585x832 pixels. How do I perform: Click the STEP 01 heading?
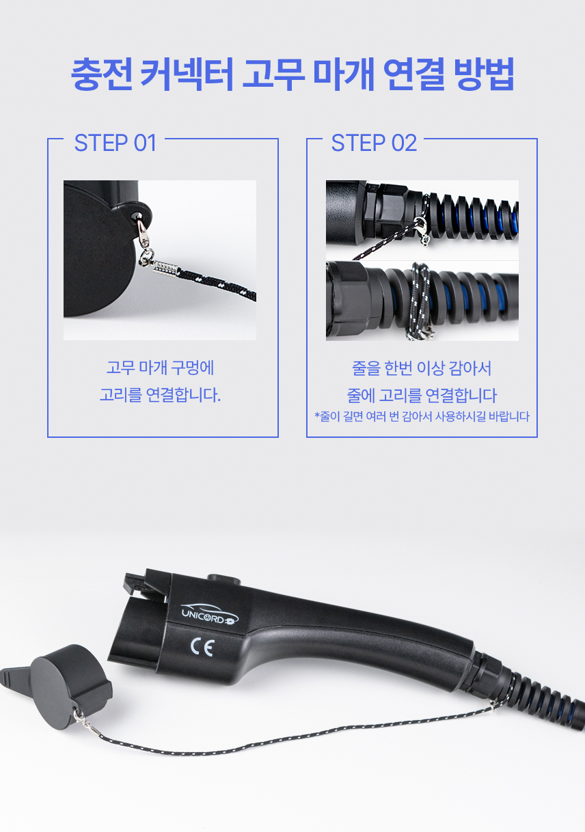[x=115, y=143]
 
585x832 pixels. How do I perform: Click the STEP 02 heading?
[x=374, y=143]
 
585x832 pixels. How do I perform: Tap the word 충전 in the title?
[x=101, y=74]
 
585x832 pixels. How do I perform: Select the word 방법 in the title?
[x=484, y=74]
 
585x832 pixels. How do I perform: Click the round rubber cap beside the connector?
[x=70, y=687]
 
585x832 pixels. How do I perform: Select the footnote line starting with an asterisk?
[x=422, y=417]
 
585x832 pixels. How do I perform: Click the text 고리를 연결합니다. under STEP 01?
[x=160, y=394]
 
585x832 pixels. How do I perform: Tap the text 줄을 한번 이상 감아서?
[x=422, y=368]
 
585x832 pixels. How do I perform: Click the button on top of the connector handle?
[x=223, y=579]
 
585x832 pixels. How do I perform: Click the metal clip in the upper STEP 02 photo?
[x=422, y=228]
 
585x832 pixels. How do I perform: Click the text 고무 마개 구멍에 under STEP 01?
[x=160, y=368]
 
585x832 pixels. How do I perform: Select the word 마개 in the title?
[x=344, y=74]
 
